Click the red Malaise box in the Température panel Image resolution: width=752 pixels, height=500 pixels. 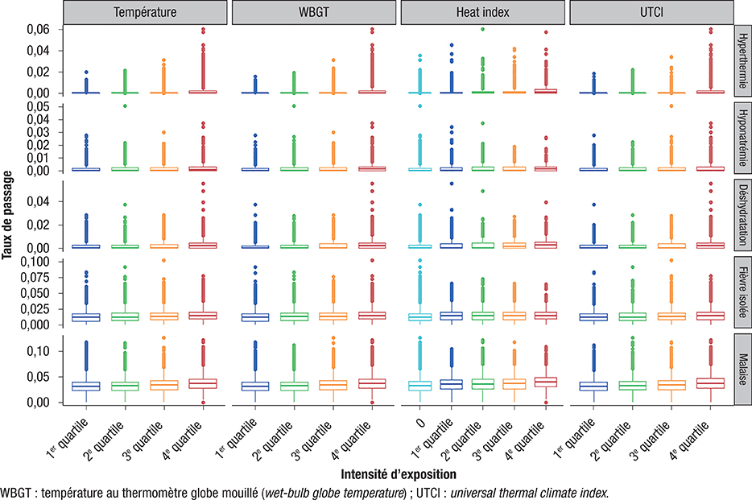[x=204, y=383]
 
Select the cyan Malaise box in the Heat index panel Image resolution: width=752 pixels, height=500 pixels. [x=420, y=386]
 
